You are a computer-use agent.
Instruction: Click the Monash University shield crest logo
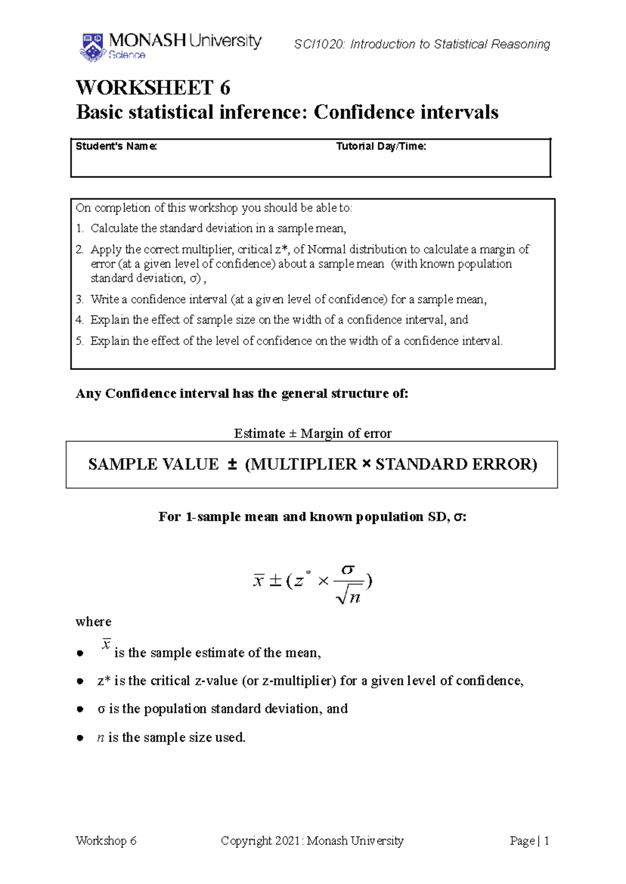coord(93,47)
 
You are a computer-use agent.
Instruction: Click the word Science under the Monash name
coord(127,55)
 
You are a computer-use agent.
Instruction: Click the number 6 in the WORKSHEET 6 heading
coord(225,88)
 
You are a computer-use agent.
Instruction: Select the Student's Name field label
coord(116,147)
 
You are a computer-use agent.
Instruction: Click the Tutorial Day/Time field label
coord(381,147)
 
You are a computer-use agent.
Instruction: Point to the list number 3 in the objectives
coord(79,300)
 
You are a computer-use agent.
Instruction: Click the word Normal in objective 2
coord(327,249)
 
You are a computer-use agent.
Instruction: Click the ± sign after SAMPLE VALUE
coord(233,464)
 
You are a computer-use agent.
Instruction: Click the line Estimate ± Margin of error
coord(312,434)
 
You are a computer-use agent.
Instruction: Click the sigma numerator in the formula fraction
coord(348,569)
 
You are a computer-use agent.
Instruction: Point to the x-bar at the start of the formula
coord(258,581)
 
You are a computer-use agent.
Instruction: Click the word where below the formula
coord(93,622)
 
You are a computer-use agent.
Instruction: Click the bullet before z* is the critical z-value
coord(80,681)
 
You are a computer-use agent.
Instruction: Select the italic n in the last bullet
coord(101,737)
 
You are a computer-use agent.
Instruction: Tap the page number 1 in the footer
coord(546,841)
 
